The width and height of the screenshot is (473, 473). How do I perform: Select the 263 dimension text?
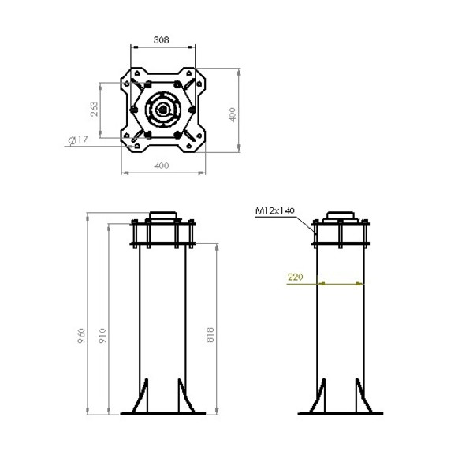(x=95, y=108)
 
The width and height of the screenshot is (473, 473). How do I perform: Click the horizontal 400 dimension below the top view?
(x=161, y=166)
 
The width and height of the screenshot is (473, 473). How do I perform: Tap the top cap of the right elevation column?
(x=341, y=217)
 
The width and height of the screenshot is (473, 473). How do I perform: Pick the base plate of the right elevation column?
(x=341, y=412)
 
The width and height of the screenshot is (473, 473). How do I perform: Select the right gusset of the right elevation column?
(x=361, y=396)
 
